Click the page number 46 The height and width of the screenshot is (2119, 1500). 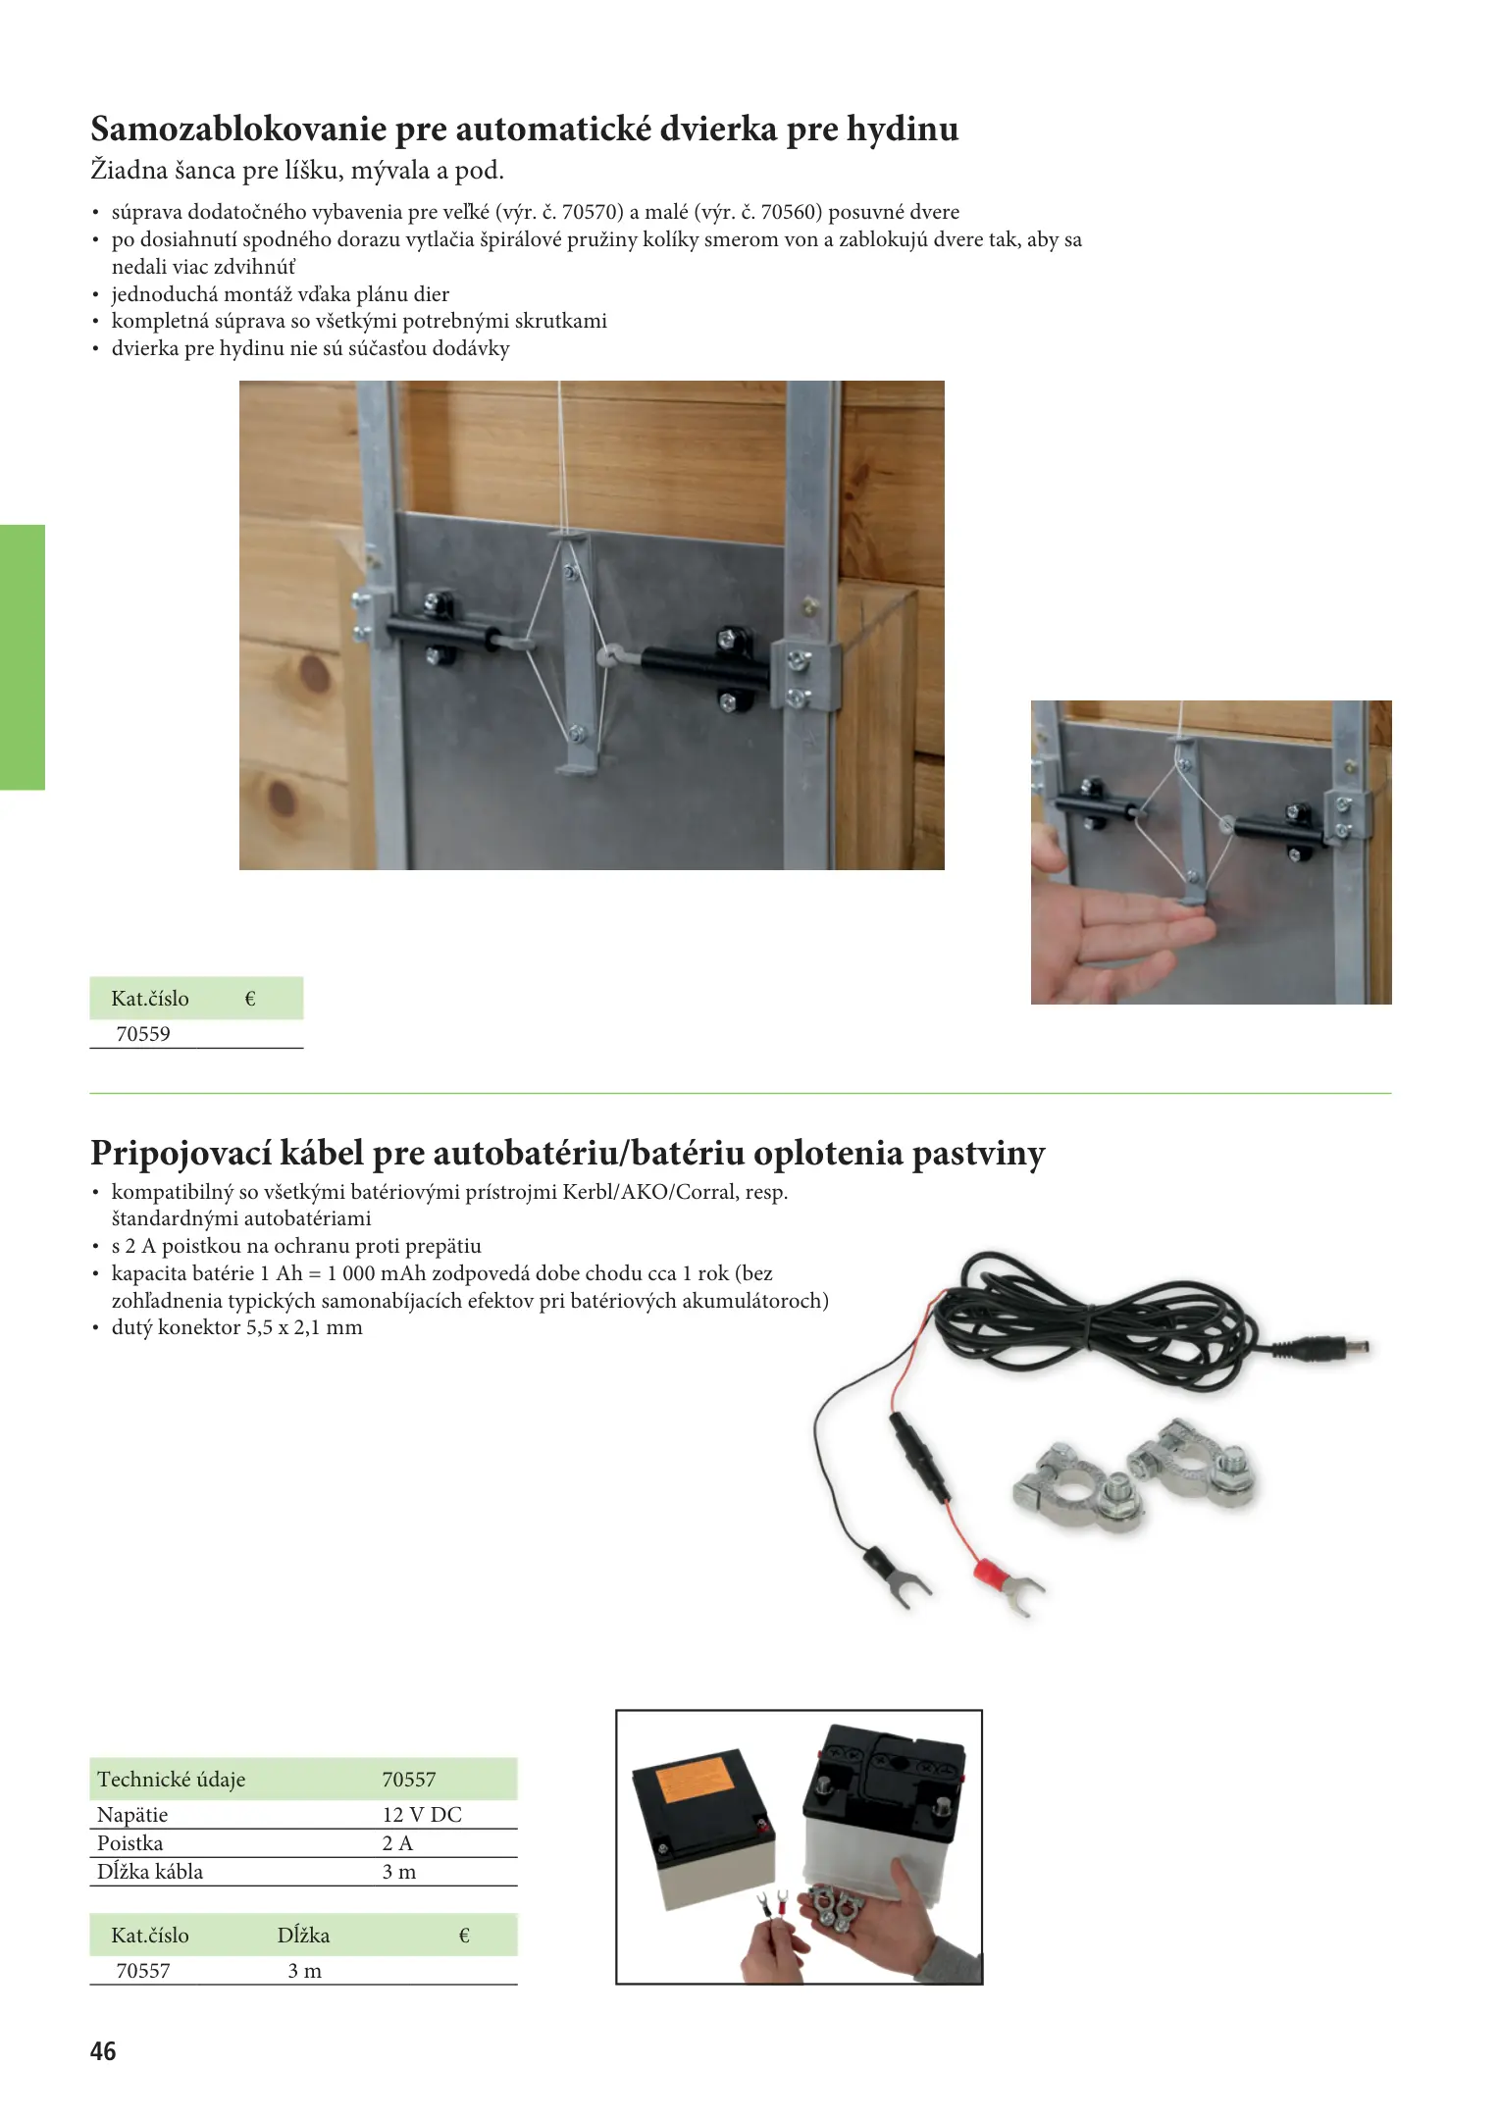pos(103,2051)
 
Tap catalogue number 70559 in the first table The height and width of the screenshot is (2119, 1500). pos(143,1034)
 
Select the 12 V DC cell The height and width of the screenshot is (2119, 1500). pos(422,1815)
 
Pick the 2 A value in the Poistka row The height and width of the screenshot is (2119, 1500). pos(397,1843)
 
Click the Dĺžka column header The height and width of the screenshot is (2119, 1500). pos(303,1936)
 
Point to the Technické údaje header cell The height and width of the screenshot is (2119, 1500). pos(172,1780)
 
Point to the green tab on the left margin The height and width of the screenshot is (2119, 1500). pos(23,657)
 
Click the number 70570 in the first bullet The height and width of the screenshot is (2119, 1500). pos(588,212)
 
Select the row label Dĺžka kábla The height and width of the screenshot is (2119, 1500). pos(150,1872)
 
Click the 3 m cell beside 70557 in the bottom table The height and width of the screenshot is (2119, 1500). pos(304,1972)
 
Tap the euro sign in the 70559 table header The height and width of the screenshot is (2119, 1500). pos(249,999)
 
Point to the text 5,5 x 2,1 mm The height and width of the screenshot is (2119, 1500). pos(304,1328)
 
